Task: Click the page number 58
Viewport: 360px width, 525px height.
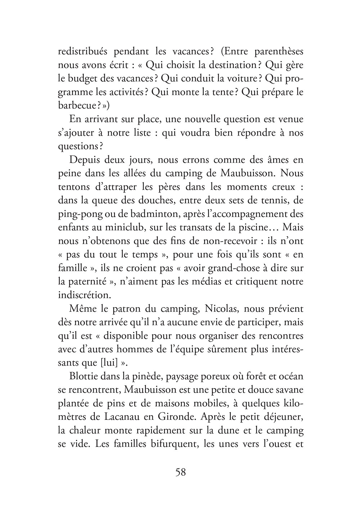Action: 180,472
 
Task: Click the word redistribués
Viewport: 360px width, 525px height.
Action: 82,51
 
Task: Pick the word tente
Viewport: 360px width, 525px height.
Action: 224,92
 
